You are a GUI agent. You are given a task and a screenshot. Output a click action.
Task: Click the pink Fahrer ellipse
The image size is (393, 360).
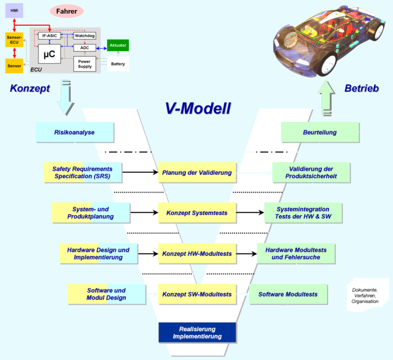point(67,11)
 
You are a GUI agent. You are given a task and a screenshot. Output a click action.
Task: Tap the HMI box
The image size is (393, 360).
point(14,11)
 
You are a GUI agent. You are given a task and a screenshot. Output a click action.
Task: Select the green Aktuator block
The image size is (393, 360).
point(118,46)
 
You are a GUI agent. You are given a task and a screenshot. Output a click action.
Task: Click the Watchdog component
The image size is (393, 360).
point(85,36)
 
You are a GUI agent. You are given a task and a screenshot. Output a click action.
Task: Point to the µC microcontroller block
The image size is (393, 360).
point(49,54)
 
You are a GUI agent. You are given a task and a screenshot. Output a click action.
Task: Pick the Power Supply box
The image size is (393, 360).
point(85,64)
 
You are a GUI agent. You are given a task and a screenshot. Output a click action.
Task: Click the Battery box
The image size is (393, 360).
point(118,64)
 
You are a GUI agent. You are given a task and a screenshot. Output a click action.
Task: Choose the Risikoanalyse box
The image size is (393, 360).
point(74,133)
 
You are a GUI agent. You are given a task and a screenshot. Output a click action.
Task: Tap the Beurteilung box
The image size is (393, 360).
point(320,133)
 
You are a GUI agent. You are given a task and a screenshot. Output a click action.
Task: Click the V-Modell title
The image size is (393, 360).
point(198,109)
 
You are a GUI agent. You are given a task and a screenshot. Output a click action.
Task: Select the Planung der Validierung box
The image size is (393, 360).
point(197,172)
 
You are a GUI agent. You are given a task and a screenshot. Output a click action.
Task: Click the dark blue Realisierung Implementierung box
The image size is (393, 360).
point(197,332)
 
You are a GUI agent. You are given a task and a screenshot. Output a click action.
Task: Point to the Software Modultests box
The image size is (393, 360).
point(288,295)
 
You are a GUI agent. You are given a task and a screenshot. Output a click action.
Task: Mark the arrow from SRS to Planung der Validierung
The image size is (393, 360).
point(140,172)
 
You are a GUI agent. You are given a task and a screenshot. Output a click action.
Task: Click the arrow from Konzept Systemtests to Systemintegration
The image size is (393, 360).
point(250,212)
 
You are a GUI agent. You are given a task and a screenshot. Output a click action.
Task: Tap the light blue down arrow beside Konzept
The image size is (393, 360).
point(65,98)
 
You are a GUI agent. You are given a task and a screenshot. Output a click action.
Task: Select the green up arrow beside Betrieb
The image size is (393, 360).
point(326,98)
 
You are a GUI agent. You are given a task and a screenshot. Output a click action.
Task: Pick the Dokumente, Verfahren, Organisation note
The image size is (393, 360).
point(365,295)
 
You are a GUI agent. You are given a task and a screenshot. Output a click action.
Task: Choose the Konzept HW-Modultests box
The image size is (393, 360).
point(197,254)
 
